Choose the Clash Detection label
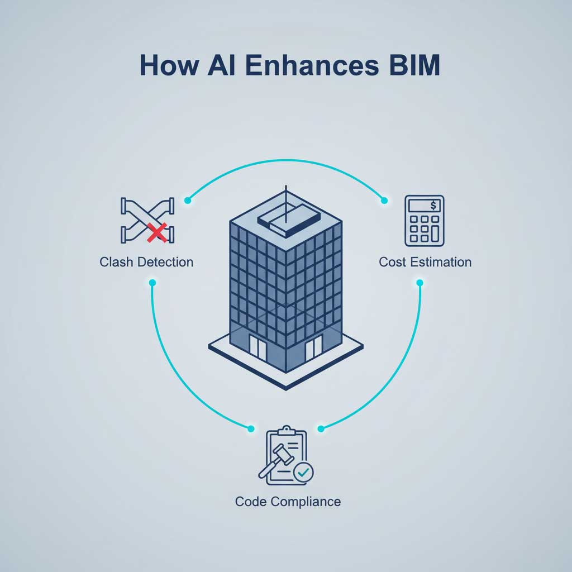point(146,262)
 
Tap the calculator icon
point(424,221)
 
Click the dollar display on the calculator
point(424,206)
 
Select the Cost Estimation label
point(425,262)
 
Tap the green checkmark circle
point(303,473)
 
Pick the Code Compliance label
point(288,501)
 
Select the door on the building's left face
point(258,347)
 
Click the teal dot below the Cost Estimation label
point(420,283)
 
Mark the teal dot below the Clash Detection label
point(152,283)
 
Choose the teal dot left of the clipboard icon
point(250,428)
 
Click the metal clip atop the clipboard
point(287,431)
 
